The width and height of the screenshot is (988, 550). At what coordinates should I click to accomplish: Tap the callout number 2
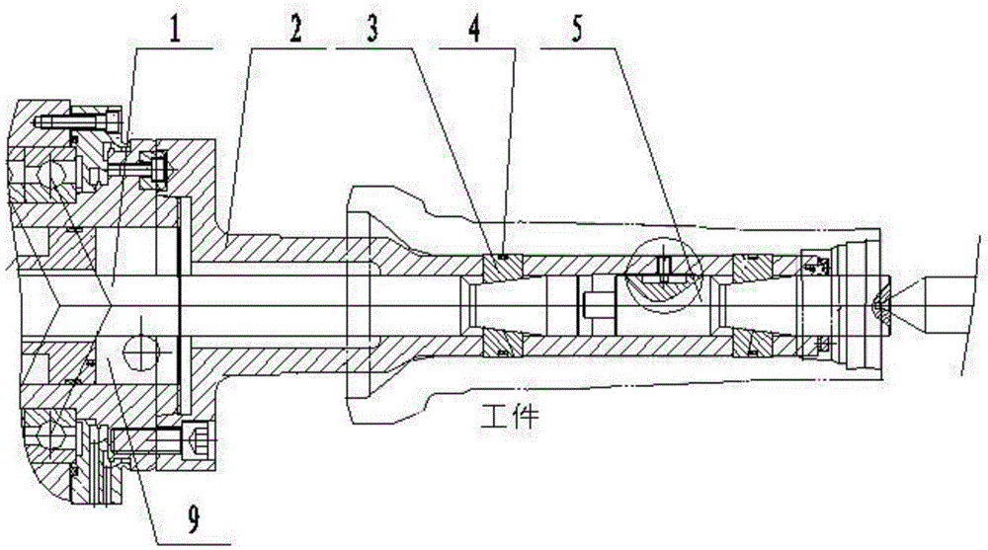(x=294, y=29)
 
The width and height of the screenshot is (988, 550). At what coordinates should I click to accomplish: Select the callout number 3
(x=373, y=29)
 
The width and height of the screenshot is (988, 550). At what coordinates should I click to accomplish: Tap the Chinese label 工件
(x=509, y=417)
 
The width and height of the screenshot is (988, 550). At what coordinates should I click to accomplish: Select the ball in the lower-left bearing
(x=50, y=434)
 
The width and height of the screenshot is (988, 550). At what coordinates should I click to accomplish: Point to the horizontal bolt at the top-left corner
(x=77, y=120)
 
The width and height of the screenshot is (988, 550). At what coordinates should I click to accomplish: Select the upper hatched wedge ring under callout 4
(x=502, y=268)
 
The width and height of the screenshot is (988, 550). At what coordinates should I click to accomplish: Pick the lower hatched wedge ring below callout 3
(x=502, y=344)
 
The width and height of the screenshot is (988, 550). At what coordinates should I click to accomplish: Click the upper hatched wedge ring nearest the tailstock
(x=753, y=268)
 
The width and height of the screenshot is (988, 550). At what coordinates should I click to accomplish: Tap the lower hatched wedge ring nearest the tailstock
(x=753, y=344)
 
